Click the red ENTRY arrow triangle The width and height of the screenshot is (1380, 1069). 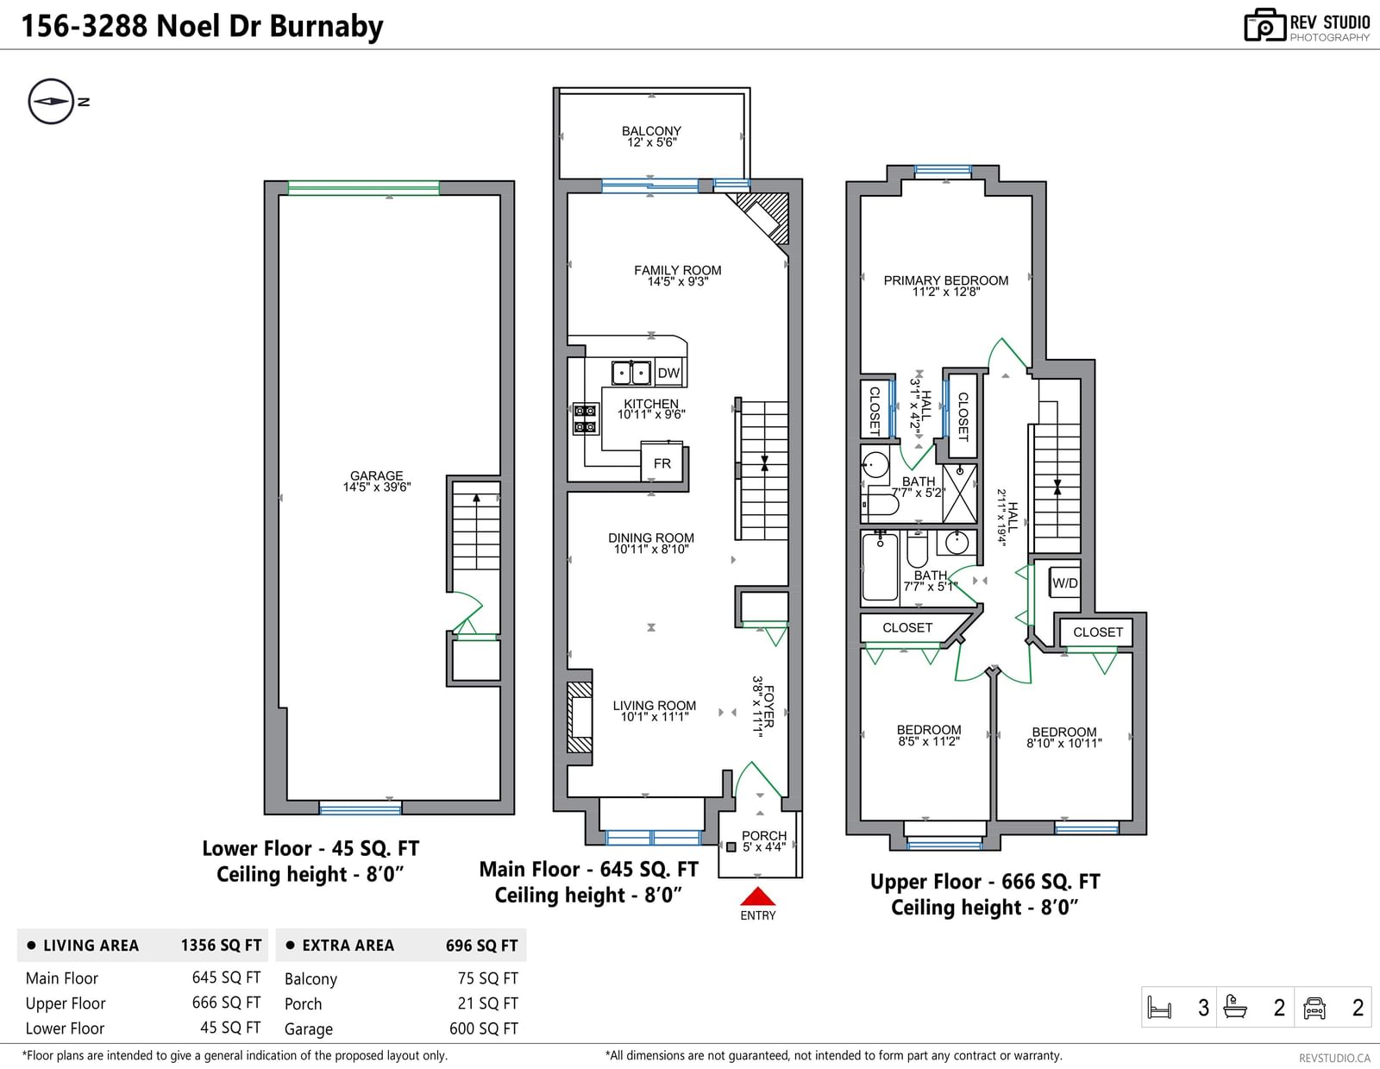757,896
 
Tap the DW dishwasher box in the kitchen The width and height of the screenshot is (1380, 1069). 668,373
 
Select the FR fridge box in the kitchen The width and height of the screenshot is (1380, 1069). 662,462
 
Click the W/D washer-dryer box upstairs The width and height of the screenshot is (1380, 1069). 1064,583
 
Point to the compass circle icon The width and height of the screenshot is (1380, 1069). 52,101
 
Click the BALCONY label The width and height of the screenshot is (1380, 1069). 651,131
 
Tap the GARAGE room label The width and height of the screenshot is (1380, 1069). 377,475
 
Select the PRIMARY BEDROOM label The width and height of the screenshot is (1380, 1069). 945,280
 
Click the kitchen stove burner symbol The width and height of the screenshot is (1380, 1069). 586,418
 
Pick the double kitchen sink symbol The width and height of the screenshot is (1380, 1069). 630,373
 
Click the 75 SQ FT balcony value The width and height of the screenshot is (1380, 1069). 487,978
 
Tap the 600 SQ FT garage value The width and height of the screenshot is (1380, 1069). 484,1028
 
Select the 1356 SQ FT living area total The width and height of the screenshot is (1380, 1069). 221,945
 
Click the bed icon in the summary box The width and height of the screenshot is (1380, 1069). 1160,1008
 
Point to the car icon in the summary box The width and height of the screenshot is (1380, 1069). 1314,1008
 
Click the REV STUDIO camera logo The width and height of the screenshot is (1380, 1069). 1264,25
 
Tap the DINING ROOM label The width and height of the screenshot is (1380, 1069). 651,538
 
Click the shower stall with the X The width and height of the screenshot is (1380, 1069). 960,494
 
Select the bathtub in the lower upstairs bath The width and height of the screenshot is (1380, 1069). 880,566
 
